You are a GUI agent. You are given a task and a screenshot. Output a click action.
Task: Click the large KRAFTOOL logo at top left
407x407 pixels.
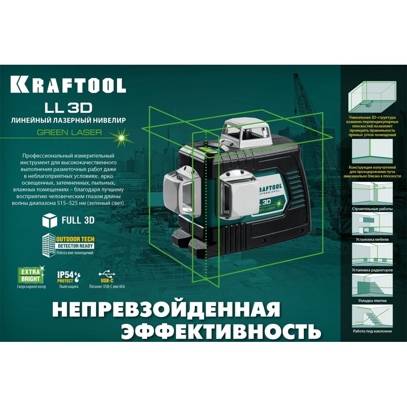coord(68,84)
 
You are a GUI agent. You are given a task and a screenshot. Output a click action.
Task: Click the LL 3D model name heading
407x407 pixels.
coord(68,108)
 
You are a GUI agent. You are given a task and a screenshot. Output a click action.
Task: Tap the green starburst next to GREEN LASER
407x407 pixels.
coord(120,137)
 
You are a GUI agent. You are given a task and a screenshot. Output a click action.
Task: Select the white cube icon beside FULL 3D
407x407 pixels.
coord(50,220)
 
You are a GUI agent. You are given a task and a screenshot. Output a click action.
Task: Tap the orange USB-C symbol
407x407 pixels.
coord(107,277)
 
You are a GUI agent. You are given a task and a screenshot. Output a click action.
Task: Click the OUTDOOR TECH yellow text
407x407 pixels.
coord(75,239)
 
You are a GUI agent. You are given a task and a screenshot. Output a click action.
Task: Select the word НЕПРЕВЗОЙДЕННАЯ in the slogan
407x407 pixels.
coord(166,309)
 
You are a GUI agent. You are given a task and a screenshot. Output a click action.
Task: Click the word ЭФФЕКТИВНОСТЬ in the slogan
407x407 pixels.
coord(221,331)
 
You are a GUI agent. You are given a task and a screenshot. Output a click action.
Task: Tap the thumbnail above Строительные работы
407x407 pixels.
coord(372,193)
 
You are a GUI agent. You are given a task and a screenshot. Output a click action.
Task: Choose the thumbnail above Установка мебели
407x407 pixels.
coord(372,223)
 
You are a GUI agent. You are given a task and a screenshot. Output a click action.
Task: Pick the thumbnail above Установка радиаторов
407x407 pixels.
coord(372,254)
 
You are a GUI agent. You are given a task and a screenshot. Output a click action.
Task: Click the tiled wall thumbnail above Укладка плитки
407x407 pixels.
coord(372,285)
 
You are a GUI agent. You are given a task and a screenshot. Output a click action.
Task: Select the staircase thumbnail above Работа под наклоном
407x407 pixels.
coord(372,316)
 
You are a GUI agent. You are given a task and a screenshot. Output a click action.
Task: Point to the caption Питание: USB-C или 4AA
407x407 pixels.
coord(107,287)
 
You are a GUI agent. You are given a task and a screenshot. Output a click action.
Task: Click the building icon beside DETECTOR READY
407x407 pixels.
coord(48,245)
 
